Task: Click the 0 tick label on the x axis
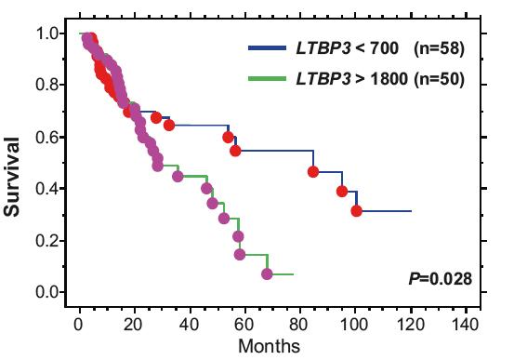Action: [79, 325]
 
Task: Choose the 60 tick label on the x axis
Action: [244, 325]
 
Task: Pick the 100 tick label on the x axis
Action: [354, 325]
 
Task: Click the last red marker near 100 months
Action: [357, 211]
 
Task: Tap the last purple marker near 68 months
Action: [268, 274]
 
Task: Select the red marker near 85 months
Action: [314, 171]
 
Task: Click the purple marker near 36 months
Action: [178, 176]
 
